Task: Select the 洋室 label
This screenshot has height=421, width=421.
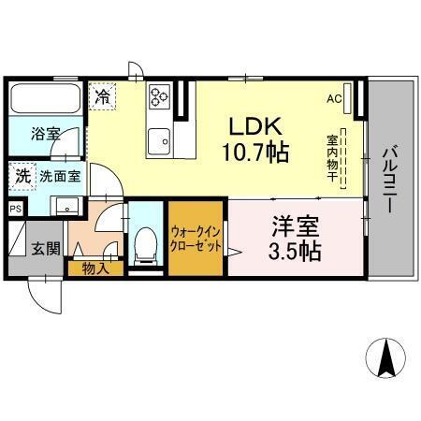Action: (293, 226)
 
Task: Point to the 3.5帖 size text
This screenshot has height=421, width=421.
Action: (293, 251)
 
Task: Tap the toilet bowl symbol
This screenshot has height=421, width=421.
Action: (145, 245)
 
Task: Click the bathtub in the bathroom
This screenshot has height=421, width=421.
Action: (43, 98)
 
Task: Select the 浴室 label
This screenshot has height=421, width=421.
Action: (45, 133)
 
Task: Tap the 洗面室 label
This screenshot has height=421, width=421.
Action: (58, 176)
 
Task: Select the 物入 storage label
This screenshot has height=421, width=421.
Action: (94, 269)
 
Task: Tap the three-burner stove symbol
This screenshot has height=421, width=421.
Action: (158, 95)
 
